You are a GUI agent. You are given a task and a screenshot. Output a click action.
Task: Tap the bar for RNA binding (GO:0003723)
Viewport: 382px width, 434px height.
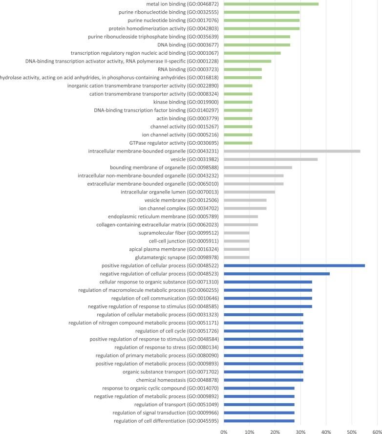pos(243,69)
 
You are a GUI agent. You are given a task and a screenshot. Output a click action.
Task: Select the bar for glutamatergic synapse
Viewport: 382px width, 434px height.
pos(236,257)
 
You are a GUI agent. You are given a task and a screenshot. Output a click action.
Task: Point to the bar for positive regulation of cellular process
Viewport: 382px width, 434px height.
pos(294,265)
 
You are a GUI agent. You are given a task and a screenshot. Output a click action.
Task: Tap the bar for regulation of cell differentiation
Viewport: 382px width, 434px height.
pos(259,421)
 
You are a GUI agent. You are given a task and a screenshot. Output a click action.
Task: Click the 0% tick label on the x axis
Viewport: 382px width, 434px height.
pos(224,430)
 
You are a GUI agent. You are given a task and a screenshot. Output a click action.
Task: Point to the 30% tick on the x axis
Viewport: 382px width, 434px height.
pos(300,430)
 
